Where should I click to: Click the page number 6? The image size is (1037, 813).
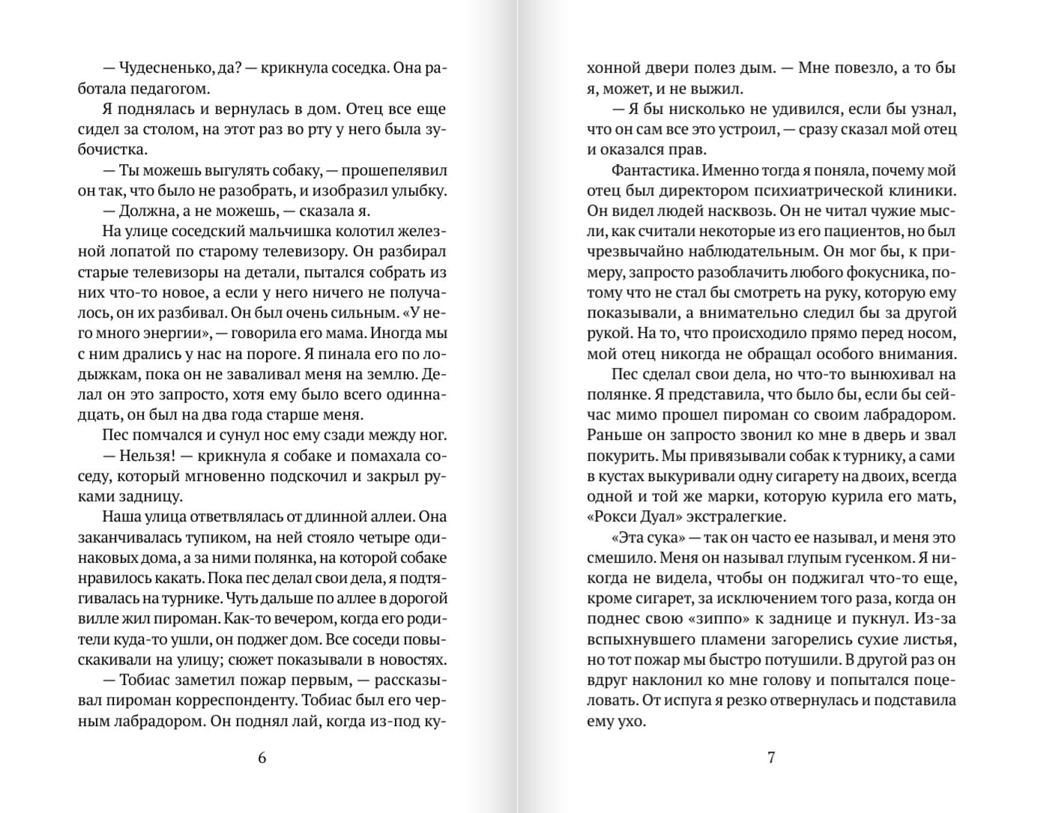(x=261, y=758)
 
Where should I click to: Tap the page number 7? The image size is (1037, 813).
(x=771, y=758)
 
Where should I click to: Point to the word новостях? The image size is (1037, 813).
(x=411, y=660)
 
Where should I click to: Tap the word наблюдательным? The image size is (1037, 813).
(x=731, y=252)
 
